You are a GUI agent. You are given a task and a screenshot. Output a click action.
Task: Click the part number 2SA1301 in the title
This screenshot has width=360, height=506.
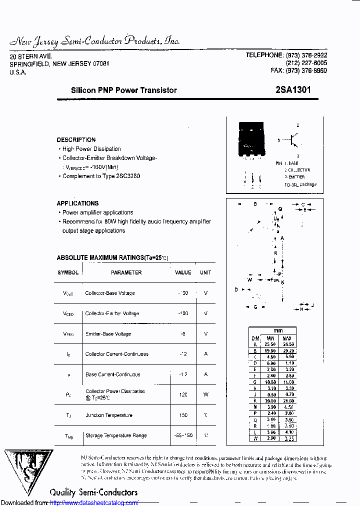[x=292, y=90]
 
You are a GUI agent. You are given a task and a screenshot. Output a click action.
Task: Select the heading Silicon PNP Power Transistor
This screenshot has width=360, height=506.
[x=123, y=90]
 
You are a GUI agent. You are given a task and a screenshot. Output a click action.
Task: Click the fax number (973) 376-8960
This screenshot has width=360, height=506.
[x=299, y=71]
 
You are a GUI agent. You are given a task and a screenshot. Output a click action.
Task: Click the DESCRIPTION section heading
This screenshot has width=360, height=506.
[x=76, y=140]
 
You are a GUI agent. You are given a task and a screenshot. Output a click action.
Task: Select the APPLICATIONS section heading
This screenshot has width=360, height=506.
[x=77, y=203]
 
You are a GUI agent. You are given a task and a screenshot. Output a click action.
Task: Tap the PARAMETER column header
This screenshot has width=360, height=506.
[x=126, y=272]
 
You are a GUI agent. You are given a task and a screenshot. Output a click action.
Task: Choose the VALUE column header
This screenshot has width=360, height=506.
[x=183, y=272]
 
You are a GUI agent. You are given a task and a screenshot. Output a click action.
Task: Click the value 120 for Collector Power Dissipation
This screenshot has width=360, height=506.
[x=183, y=395]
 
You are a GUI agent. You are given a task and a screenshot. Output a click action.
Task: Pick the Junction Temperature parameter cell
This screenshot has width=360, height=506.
[x=109, y=415]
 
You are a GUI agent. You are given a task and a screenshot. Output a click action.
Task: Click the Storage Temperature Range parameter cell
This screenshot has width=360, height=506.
[x=116, y=435]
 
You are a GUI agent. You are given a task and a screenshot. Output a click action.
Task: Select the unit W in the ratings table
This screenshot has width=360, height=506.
[x=205, y=395]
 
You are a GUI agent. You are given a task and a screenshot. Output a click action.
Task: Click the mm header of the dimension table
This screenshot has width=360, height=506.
[x=277, y=331]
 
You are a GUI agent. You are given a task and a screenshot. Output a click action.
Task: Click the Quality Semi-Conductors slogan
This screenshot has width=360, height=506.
[x=93, y=492]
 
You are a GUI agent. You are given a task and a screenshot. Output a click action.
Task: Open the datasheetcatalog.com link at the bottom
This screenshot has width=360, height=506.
[x=94, y=502]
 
